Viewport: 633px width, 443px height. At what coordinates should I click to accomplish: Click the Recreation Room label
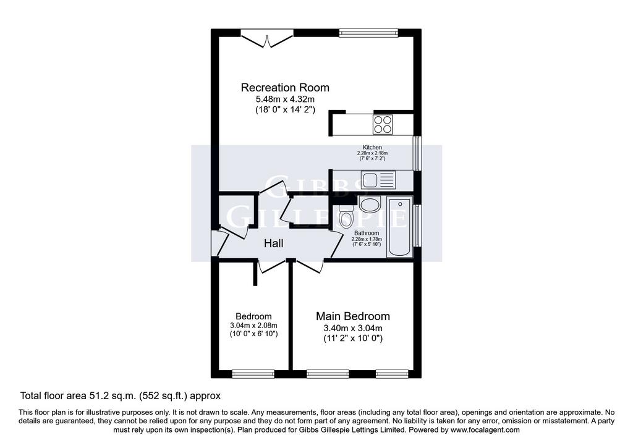(x=285, y=88)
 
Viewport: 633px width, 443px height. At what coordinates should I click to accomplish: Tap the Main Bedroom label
(x=353, y=316)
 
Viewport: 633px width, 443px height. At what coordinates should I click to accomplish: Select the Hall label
(x=274, y=243)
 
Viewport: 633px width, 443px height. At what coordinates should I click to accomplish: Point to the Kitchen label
(x=372, y=147)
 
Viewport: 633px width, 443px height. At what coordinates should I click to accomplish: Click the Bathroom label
(x=367, y=233)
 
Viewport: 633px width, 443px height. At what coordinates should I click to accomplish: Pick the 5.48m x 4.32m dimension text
(x=285, y=99)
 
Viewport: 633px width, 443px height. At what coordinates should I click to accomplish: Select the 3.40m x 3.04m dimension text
(x=353, y=328)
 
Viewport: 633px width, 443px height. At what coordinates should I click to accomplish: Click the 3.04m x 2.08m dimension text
(x=253, y=326)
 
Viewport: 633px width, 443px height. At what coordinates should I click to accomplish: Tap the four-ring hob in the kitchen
(x=383, y=124)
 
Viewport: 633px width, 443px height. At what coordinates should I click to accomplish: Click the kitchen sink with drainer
(x=378, y=180)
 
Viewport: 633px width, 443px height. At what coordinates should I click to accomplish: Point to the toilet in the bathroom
(x=346, y=216)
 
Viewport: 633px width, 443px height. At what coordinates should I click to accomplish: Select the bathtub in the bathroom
(x=400, y=227)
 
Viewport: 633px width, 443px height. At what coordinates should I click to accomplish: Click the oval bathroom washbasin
(x=370, y=205)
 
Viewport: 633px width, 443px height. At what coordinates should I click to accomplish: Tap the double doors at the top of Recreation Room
(x=267, y=39)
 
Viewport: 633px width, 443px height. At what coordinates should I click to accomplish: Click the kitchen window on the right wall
(x=417, y=153)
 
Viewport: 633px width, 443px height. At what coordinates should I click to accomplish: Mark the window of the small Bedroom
(x=253, y=374)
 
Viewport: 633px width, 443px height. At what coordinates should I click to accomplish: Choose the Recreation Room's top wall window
(x=368, y=33)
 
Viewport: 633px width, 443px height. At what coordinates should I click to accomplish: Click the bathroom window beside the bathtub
(x=417, y=226)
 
